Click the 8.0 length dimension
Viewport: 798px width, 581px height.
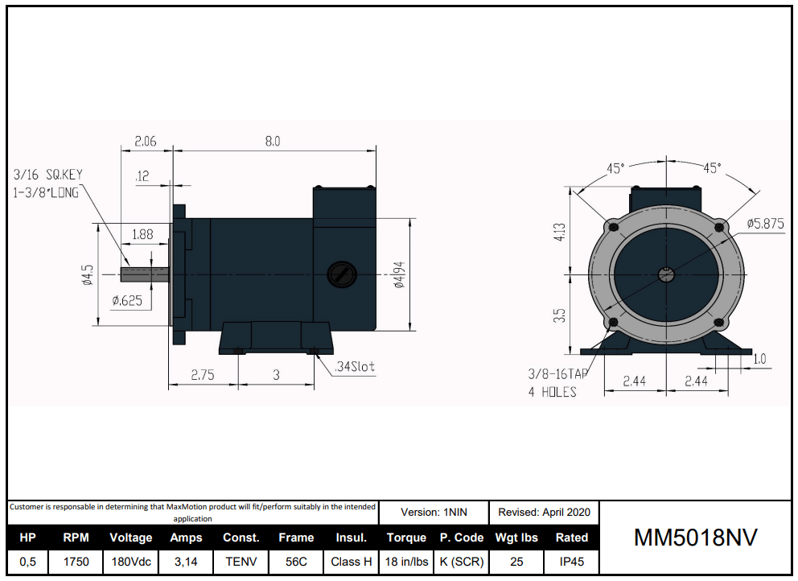pos(273,142)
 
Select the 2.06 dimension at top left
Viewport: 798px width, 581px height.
pos(146,142)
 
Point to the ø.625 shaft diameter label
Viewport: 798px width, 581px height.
pos(127,300)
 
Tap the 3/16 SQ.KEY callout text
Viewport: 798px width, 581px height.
pos(48,175)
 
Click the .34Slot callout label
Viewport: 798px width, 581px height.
pos(356,366)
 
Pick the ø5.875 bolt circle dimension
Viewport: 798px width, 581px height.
pos(764,223)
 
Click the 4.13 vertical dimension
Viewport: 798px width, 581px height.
pos(561,233)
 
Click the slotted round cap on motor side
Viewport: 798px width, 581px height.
pos(341,274)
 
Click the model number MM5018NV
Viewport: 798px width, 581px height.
pos(696,538)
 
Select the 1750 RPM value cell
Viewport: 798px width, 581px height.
pos(76,562)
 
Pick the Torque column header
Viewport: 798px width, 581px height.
pos(406,538)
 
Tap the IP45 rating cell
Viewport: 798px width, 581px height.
pos(571,562)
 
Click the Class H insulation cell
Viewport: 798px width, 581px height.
pos(352,562)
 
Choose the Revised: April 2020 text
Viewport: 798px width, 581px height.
pos(544,512)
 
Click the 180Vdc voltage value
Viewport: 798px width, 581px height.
pos(131,562)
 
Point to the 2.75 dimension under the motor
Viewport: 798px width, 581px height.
pos(203,376)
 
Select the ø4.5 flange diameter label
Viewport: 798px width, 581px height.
pos(88,275)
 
